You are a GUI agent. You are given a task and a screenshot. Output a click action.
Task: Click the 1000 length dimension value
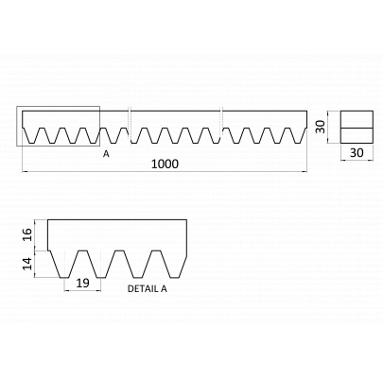click(165, 164)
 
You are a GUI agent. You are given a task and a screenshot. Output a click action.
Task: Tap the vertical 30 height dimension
click(321, 127)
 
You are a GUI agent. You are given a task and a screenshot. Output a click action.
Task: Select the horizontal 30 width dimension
click(357, 153)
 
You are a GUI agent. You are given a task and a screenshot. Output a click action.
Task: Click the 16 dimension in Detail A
click(27, 234)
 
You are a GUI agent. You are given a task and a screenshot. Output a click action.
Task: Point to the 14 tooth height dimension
click(27, 264)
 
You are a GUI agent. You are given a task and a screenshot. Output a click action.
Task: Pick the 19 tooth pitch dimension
click(83, 283)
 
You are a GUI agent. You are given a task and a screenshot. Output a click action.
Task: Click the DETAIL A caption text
click(148, 288)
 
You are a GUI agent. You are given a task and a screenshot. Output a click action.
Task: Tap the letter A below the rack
click(106, 154)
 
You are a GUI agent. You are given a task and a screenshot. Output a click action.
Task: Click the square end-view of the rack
click(357, 127)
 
